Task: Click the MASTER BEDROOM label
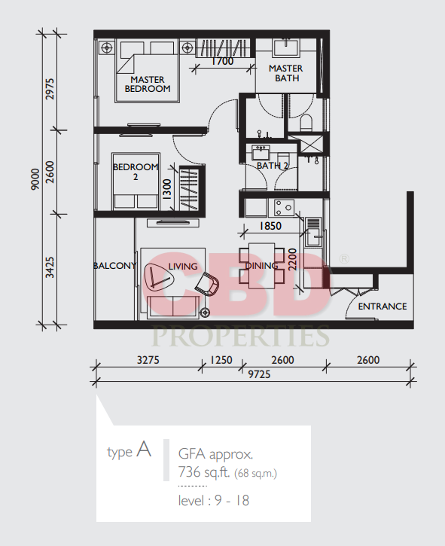[x=148, y=84]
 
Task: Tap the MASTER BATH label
[x=286, y=73]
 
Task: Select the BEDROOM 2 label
[x=136, y=172]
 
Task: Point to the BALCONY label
[x=114, y=266]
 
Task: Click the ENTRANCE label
[x=383, y=307]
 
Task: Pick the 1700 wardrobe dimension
[x=223, y=61]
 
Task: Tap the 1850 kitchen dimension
[x=270, y=227]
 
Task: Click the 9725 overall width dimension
[x=259, y=374]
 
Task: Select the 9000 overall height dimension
[x=35, y=179]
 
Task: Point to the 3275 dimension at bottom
[x=148, y=360]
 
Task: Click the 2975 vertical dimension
[x=50, y=89]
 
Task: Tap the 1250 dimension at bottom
[x=221, y=360]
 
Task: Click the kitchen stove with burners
[x=284, y=208]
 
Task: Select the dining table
[x=262, y=266]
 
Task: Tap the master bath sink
[x=285, y=48]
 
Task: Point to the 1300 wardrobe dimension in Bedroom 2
[x=167, y=189]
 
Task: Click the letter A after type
[x=144, y=449]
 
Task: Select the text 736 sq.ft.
[x=204, y=472]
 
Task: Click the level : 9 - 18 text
[x=214, y=501]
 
